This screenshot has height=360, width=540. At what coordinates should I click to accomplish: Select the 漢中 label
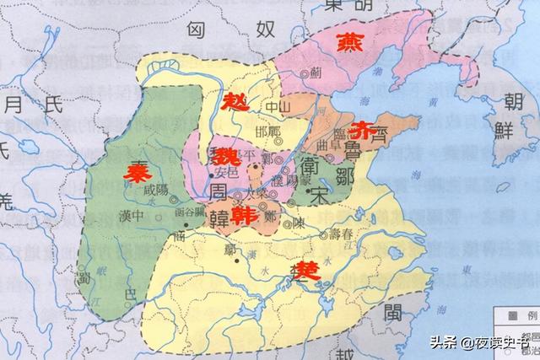coord(133,215)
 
